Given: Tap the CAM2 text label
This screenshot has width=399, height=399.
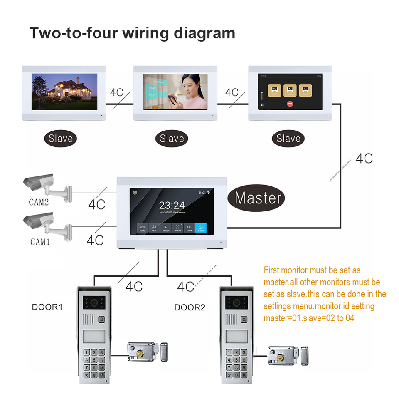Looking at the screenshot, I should coord(39,203).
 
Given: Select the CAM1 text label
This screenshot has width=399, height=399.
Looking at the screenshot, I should coord(39,242).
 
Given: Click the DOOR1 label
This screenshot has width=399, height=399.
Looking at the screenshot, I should coord(47,307).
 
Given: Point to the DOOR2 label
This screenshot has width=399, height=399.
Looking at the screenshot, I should coord(190,308).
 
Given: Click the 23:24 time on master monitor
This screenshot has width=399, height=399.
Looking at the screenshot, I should coord(172,205).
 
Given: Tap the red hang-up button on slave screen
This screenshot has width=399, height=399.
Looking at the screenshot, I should coord(290,104).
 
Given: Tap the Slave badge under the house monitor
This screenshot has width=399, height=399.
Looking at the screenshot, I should coord(61,139).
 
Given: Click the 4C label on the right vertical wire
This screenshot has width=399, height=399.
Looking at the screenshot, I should coord(364,158).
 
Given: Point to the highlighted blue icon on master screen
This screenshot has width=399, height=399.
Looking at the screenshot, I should coord(201,228).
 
